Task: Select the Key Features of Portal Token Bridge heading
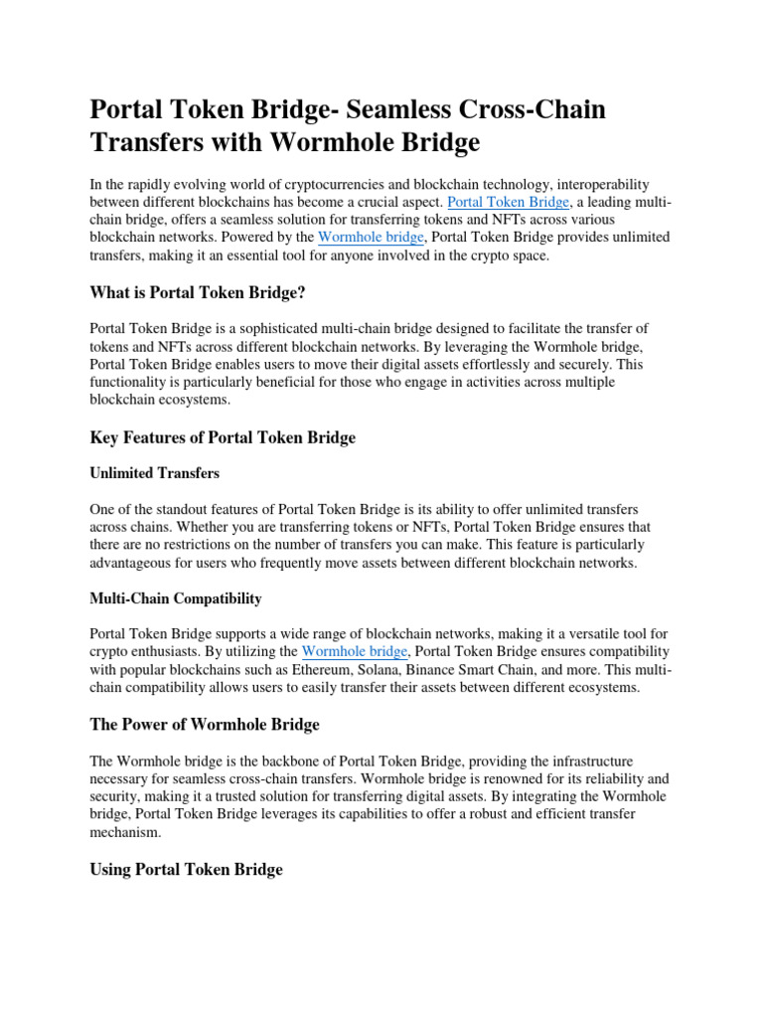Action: pos(223,437)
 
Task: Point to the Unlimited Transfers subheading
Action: pos(155,473)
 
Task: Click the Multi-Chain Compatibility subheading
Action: pos(176,598)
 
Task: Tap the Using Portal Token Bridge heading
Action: pos(186,869)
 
